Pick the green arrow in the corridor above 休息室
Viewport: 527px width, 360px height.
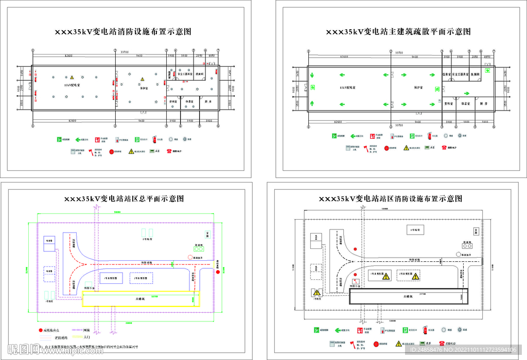(x=466, y=93)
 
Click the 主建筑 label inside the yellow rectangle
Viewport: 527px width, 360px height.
(x=140, y=298)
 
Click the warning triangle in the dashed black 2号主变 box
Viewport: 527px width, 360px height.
(x=415, y=276)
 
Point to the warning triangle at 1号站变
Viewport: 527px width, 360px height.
(x=316, y=293)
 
